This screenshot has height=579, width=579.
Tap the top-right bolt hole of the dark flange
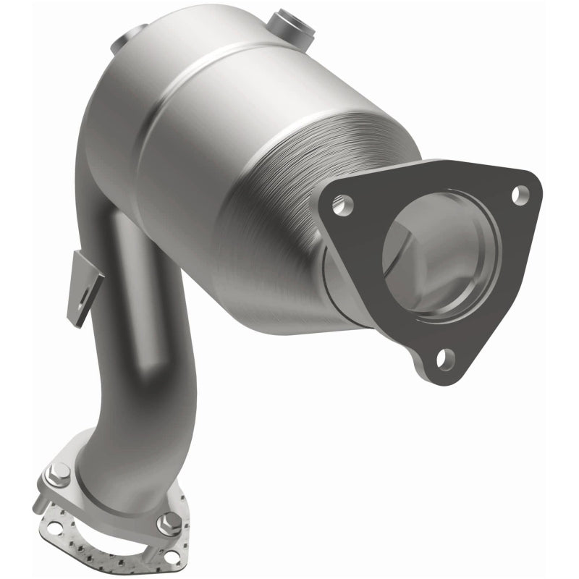[x=520, y=193]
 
